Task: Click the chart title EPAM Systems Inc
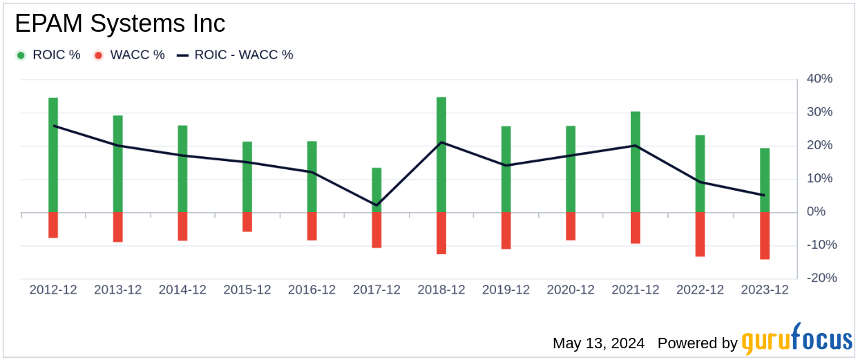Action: pos(120,23)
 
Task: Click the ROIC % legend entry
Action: pos(48,55)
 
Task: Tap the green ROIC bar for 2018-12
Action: pos(441,155)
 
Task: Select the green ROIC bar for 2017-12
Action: pos(376,190)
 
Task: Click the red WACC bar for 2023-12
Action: pos(765,236)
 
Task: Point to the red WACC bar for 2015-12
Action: pos(247,222)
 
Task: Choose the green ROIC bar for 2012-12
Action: pos(53,155)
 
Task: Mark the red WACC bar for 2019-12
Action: pos(506,231)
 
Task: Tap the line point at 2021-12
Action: pos(636,146)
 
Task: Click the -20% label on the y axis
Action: pos(818,278)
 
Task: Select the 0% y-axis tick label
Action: pos(823,211)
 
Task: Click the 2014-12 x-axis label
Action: pos(182,290)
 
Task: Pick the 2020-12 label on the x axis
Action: pos(571,290)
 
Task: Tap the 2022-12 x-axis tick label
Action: pos(700,290)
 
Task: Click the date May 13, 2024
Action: pos(598,343)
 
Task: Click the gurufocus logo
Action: pos(797,341)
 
